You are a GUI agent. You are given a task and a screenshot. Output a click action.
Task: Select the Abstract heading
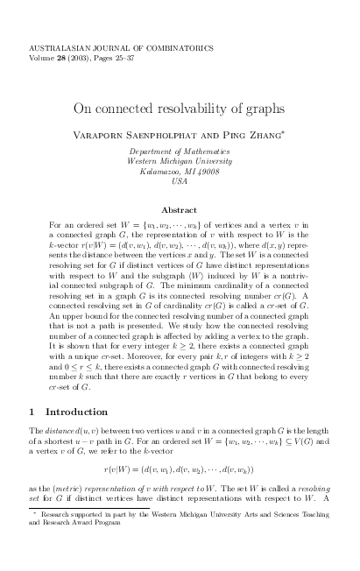180,210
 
